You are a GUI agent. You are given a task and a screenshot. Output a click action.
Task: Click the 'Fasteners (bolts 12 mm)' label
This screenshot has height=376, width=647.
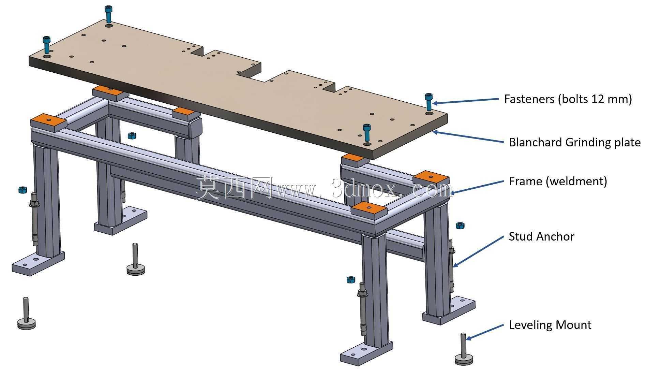coord(568,99)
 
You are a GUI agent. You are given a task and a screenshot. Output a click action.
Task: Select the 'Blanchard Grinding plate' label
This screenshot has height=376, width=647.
coord(575,142)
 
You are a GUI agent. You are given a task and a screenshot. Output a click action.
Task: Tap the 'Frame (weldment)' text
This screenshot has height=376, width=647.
coord(558,181)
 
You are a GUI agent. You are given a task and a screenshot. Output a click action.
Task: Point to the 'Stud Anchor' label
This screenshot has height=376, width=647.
coord(541,236)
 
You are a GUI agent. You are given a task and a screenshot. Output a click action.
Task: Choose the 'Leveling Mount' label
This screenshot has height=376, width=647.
coord(550,324)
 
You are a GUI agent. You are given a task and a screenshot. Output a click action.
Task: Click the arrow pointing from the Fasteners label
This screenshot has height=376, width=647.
coord(466,101)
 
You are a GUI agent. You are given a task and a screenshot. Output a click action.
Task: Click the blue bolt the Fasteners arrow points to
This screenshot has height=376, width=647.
coord(428,102)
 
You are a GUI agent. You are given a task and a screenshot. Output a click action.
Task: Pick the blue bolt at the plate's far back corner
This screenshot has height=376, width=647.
coord(108,14)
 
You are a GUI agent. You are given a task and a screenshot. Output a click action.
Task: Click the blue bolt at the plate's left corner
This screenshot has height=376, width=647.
coord(46,45)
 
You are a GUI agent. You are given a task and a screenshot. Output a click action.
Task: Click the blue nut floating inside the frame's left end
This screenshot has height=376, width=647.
coord(132,136)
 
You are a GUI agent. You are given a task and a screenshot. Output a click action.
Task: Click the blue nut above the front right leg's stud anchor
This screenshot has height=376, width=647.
coord(351,280)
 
